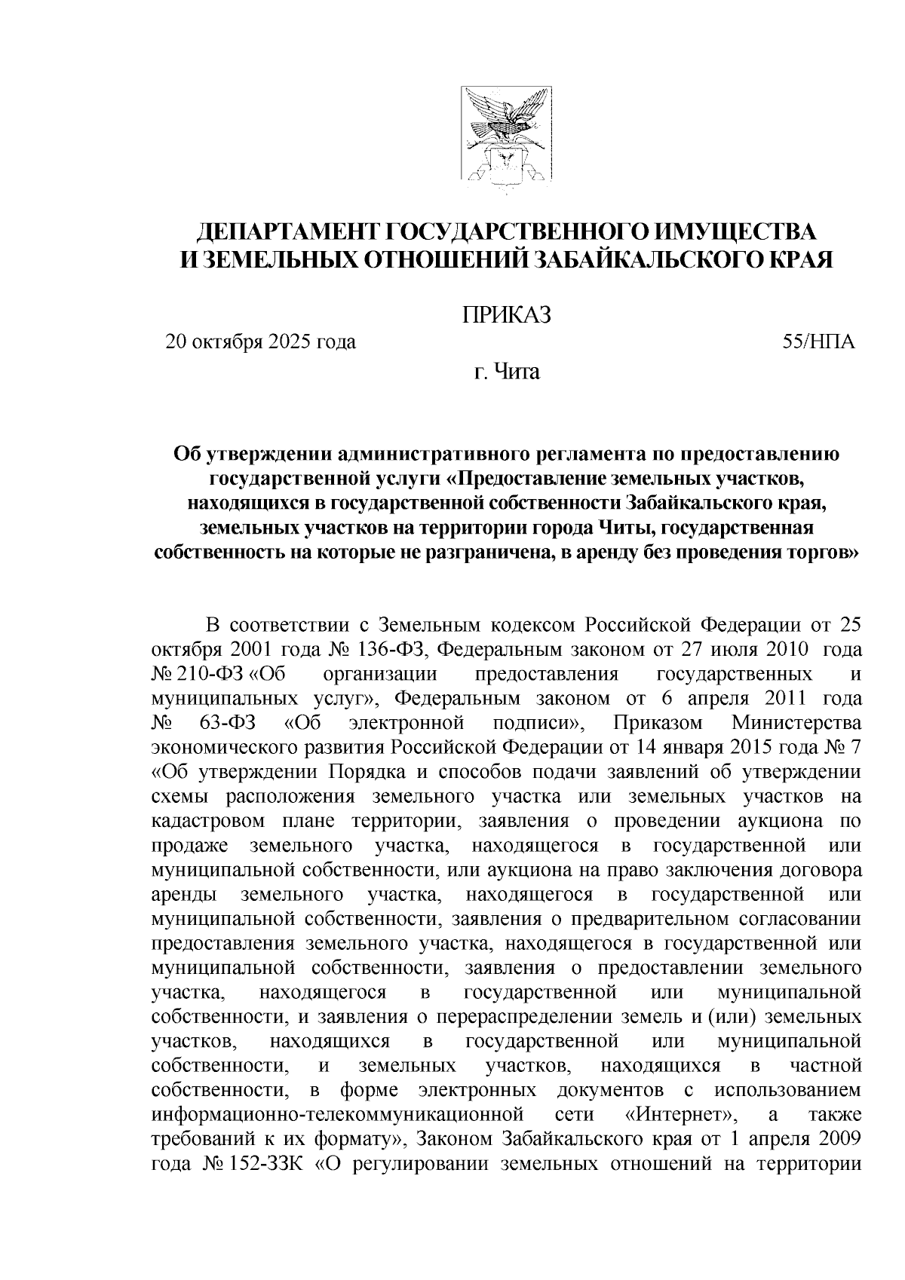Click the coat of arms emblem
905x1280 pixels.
pos(505,142)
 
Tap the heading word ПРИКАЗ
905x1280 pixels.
pos(506,314)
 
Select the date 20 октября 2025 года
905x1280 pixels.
pos(261,342)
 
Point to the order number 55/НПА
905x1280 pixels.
pos(818,342)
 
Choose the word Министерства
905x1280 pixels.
pos(796,723)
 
